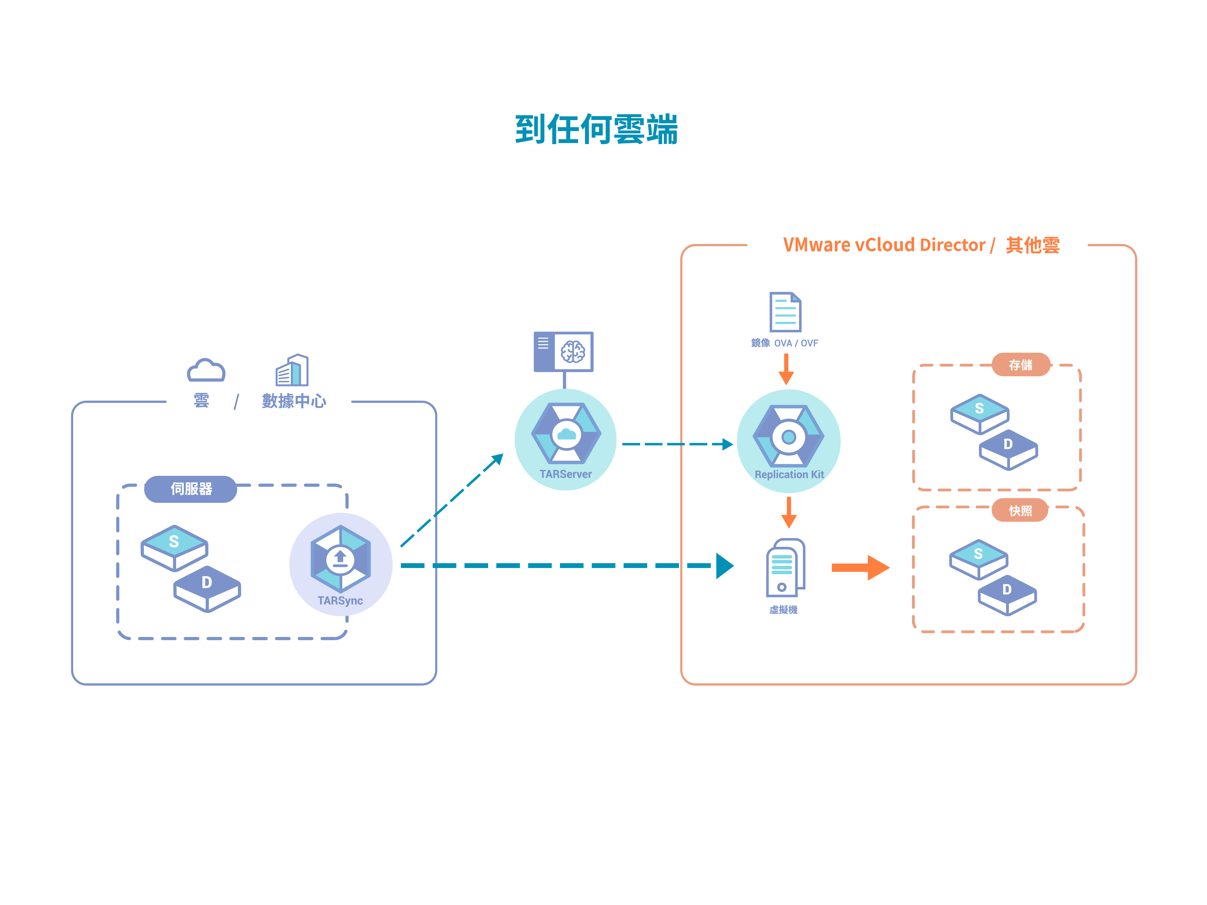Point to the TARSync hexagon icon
340,559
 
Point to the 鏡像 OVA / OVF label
785,343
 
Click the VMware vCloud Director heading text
884,245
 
